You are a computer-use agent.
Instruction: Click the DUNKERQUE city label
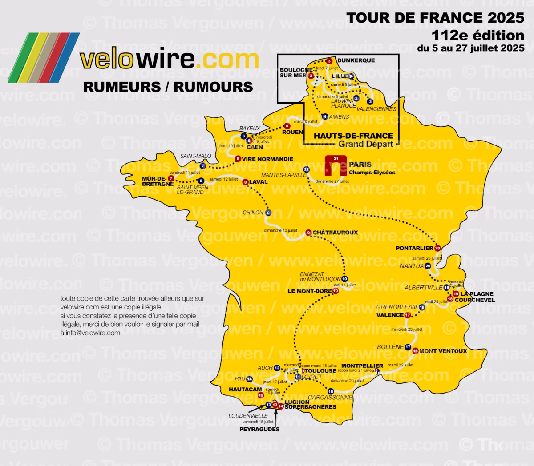[356, 60]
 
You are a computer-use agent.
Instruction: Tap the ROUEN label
[292, 133]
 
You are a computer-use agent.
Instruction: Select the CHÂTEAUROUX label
[335, 233]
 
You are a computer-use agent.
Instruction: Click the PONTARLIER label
[414, 248]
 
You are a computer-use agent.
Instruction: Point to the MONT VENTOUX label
[443, 351]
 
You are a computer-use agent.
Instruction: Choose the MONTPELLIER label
[362, 366]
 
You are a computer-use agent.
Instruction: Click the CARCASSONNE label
[330, 398]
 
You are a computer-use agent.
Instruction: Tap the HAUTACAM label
[245, 390]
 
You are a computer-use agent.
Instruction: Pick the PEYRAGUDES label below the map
[259, 430]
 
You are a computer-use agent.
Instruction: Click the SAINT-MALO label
[195, 156]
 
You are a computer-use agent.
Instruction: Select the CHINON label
[253, 213]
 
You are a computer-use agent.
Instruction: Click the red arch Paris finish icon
[336, 166]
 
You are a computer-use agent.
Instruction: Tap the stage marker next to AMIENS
[325, 117]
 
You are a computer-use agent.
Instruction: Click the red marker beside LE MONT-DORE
[336, 291]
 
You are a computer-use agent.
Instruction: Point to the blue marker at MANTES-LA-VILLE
[306, 169]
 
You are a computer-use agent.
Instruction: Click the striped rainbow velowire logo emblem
[44, 57]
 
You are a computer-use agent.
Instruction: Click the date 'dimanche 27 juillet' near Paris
[332, 181]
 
